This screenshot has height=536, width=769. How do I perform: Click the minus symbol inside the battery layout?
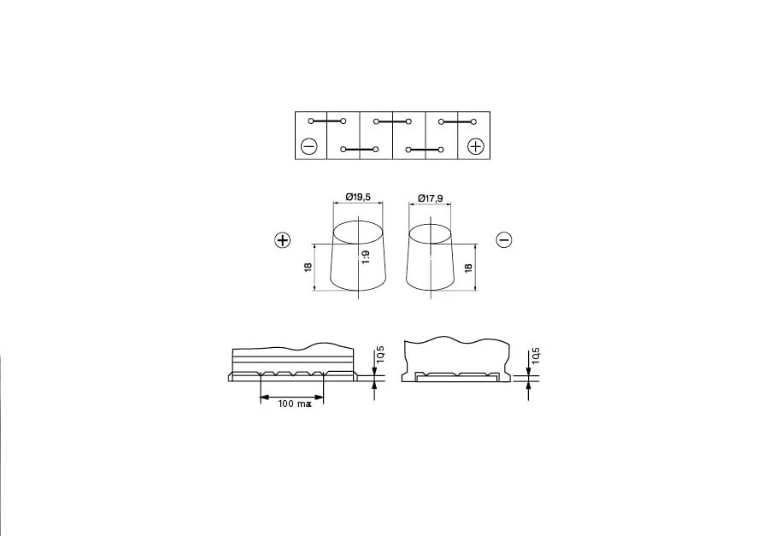pos(309,147)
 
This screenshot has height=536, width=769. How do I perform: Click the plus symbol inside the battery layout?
pos(476,147)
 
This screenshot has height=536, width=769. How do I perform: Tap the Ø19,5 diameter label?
pos(358,197)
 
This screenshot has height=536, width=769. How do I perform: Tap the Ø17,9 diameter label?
pos(431,197)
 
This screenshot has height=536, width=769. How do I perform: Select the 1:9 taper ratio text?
pos(365,259)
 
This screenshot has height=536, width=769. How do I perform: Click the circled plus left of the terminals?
pos(283,240)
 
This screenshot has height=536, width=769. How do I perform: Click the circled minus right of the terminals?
pos(503,240)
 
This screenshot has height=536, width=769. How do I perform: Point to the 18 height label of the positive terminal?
pos(308,268)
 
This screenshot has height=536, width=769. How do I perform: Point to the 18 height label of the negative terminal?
pos(468,268)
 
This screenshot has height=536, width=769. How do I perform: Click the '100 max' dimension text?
pos(294,403)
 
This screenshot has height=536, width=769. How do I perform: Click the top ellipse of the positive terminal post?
pos(358,233)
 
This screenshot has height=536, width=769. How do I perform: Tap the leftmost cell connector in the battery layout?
pos(326,121)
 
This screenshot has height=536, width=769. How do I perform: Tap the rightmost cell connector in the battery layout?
pos(459,121)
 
